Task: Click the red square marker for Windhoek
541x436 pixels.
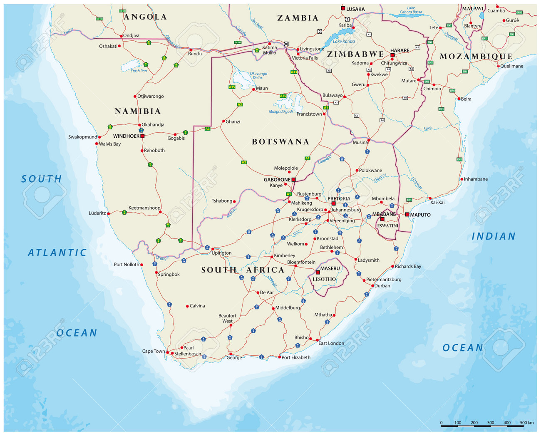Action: (142, 136)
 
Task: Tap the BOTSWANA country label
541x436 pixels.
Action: (280, 142)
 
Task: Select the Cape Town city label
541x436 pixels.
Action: (153, 351)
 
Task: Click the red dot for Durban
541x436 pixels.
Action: (373, 286)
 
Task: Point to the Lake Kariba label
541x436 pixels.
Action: (344, 41)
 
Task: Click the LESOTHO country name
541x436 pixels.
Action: (324, 279)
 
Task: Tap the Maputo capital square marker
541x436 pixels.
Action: (407, 214)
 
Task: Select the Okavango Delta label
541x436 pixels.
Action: (258, 75)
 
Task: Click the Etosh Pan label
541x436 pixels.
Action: (139, 71)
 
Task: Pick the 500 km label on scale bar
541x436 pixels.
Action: (526, 423)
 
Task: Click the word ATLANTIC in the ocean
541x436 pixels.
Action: (57, 253)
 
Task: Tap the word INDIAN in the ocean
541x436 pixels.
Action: (494, 236)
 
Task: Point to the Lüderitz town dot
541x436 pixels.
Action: (109, 213)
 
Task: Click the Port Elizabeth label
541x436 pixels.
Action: (296, 357)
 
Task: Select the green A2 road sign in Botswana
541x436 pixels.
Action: (244, 162)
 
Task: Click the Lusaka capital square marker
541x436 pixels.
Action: (343, 8)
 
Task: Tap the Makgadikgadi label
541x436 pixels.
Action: (280, 111)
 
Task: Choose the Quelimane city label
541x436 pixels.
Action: (511, 66)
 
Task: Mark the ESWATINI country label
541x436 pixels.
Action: (387, 226)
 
